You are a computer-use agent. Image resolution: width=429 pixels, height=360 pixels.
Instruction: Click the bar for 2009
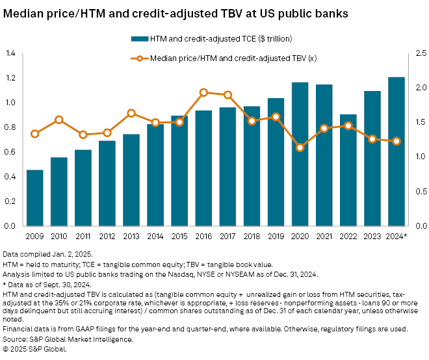click(35, 198)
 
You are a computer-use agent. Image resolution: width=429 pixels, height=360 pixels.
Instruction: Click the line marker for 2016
click(203, 92)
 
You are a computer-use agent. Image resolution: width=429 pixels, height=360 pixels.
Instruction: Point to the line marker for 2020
click(300, 148)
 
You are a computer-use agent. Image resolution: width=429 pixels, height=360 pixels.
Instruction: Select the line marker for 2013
click(131, 113)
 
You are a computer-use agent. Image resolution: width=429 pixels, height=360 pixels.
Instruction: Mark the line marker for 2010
click(59, 120)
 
